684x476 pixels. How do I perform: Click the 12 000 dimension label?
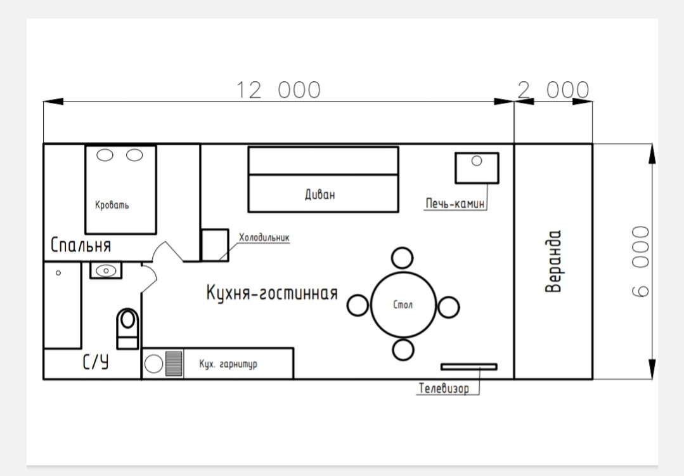(x=278, y=90)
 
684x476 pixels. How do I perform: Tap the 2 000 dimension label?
(x=553, y=90)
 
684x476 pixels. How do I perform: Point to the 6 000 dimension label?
(x=640, y=261)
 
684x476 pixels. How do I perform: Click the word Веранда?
(x=553, y=261)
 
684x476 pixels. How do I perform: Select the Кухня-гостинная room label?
(x=272, y=293)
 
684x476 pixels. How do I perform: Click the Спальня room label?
(x=81, y=245)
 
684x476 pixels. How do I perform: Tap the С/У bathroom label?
(x=96, y=362)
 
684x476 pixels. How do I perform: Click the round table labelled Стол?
(x=403, y=305)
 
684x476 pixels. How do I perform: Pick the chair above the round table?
(x=402, y=258)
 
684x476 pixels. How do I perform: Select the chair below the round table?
(x=403, y=349)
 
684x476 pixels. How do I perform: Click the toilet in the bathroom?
(x=128, y=328)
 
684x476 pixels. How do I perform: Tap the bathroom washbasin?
(x=106, y=271)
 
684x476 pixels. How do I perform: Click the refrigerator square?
(x=215, y=245)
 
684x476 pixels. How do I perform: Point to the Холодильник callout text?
(x=264, y=237)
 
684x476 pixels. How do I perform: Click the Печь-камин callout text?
(x=455, y=204)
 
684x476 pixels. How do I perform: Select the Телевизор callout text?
(x=444, y=388)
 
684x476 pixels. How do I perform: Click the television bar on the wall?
(x=469, y=367)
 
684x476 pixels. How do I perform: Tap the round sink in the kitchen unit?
(x=153, y=364)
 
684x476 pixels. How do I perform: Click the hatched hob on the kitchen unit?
(x=174, y=363)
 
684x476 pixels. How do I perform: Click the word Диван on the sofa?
(x=319, y=194)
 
